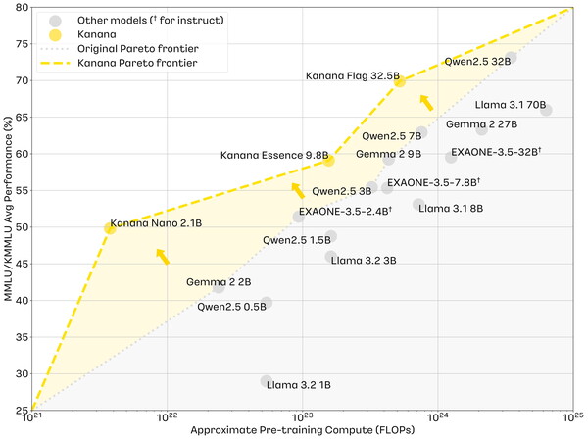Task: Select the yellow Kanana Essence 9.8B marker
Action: (x=329, y=160)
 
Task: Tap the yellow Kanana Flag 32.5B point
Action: (x=399, y=81)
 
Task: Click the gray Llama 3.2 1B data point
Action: (x=267, y=381)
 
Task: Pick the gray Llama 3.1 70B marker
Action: (x=546, y=110)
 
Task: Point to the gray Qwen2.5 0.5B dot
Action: (x=267, y=303)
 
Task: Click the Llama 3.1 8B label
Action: (x=450, y=208)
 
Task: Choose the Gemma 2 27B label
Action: (x=481, y=124)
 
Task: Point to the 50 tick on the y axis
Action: (x=22, y=227)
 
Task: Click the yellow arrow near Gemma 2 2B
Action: (x=163, y=257)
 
